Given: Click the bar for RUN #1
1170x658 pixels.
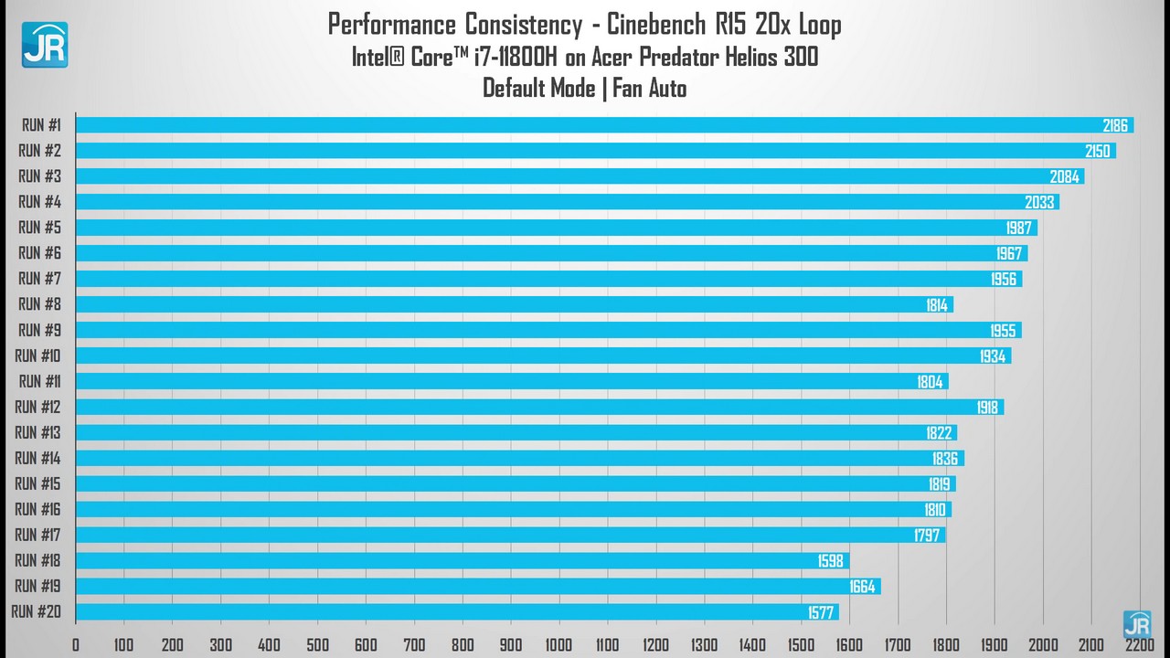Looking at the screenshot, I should tap(603, 125).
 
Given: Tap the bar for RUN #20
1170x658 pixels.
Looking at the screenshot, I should tap(456, 611).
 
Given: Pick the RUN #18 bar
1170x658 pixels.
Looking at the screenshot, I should tap(462, 560).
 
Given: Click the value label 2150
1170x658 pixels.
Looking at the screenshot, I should tap(1097, 151).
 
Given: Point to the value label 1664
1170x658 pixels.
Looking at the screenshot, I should tap(863, 586).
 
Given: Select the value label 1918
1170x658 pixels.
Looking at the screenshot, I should tap(987, 407).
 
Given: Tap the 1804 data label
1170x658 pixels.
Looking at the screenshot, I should tap(930, 381).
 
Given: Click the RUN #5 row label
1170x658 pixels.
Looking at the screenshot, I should tap(39, 228).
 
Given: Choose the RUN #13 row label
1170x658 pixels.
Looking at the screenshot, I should tap(37, 432).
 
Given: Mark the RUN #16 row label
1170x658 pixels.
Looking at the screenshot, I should tap(37, 509).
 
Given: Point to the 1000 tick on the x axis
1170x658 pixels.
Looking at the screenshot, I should tap(558, 644).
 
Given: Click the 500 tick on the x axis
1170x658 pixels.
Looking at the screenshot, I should tap(317, 644).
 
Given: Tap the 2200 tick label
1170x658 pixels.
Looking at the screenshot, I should tap(1138, 644).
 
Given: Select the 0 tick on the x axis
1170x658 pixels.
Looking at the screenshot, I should tap(76, 644).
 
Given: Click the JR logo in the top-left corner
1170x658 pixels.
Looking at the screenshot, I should tap(45, 45).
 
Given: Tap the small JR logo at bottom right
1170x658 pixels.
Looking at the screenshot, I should tap(1137, 624).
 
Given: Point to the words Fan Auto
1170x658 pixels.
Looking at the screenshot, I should tap(649, 88).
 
